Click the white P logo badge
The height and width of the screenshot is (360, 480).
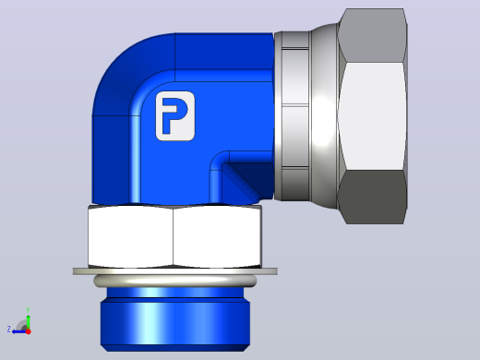click(175, 116)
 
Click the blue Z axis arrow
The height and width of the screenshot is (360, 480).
click(19, 331)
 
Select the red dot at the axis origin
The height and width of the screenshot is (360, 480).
click(29, 331)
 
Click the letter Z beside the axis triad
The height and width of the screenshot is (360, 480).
click(9, 330)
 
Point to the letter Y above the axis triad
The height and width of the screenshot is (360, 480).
click(28, 310)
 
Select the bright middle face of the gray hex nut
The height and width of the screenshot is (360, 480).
click(372, 116)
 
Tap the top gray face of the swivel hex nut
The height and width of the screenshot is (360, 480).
click(373, 36)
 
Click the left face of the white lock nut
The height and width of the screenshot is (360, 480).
click(130, 236)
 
